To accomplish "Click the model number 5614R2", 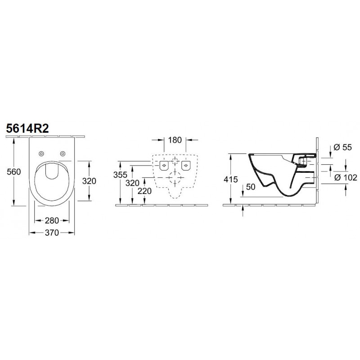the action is coord(27,128).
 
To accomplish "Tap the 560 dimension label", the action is coord(14,171).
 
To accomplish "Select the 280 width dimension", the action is coord(52,220).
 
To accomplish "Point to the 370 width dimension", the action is coord(52,233).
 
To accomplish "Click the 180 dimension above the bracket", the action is coord(175,140).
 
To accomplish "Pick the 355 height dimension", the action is coord(120,175).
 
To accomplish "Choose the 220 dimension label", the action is coord(144,191).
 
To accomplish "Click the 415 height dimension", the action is coord(231,179).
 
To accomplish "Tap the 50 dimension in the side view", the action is coord(251,187).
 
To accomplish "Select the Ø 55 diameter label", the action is coord(342,147).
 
